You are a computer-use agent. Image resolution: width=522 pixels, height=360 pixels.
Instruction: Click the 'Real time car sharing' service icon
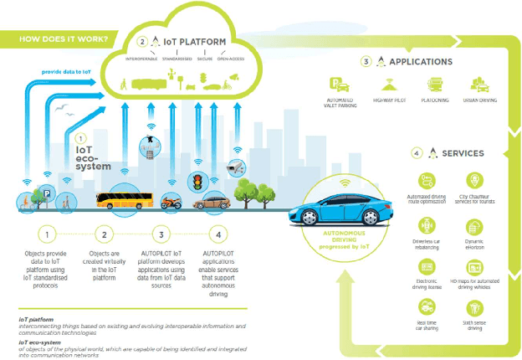tap(426, 307)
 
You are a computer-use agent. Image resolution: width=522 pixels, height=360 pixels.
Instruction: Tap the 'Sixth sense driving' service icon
tap(473, 307)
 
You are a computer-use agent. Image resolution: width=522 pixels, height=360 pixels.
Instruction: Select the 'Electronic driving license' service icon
tap(426, 267)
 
